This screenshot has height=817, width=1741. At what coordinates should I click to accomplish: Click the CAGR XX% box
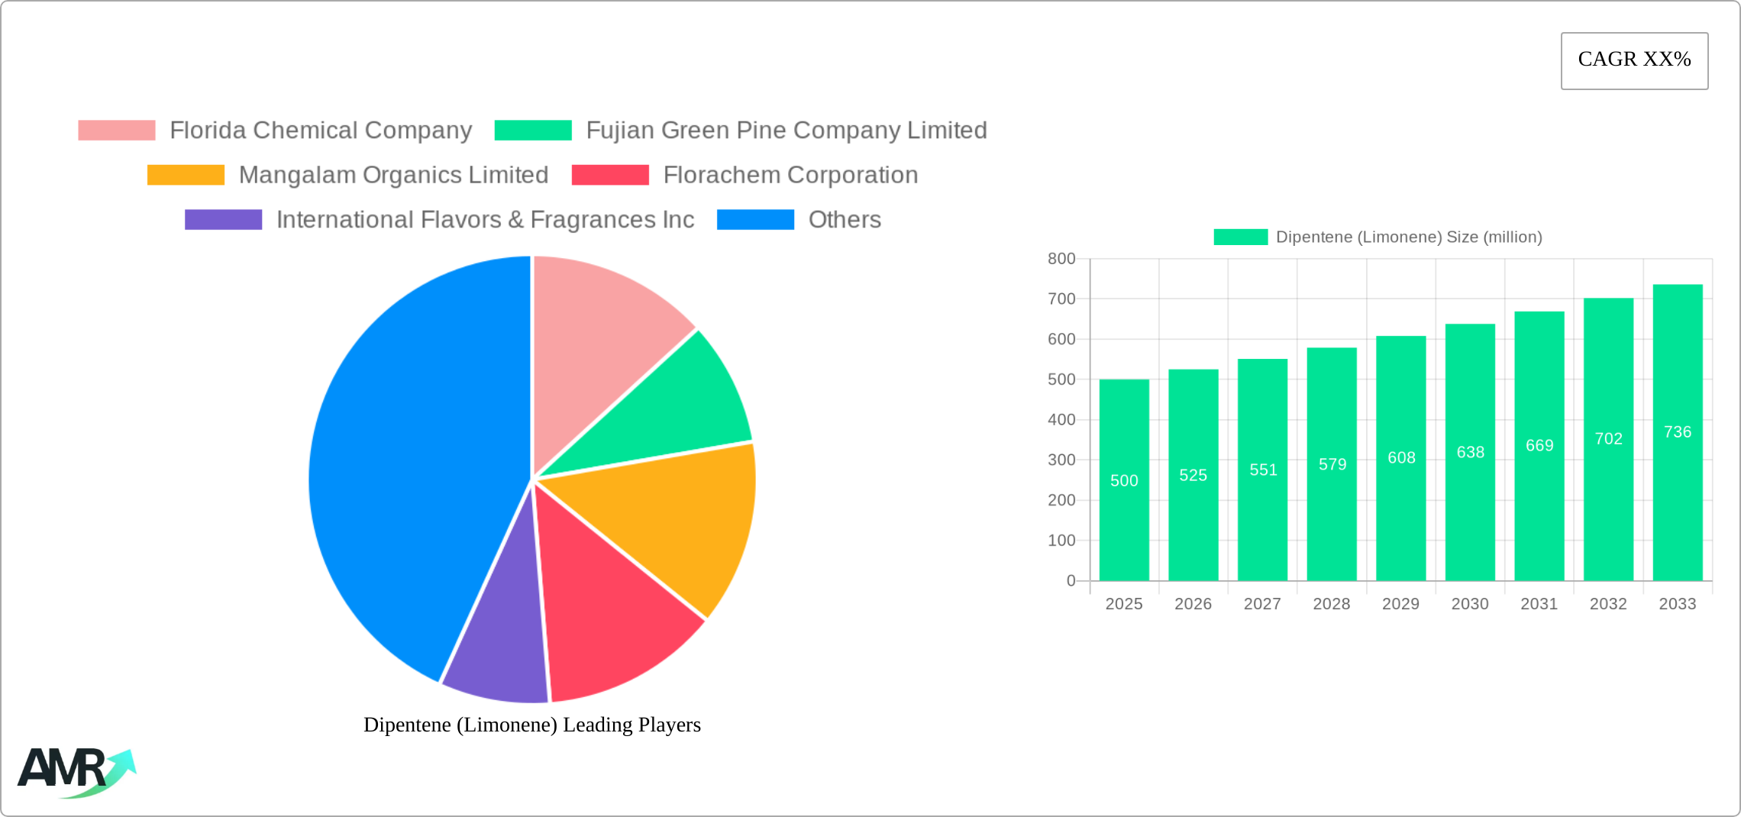pyautogui.click(x=1634, y=60)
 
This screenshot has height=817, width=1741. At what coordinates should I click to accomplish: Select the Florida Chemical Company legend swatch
pyautogui.click(x=117, y=131)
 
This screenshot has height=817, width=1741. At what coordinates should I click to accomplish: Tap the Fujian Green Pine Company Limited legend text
pyautogui.click(x=786, y=131)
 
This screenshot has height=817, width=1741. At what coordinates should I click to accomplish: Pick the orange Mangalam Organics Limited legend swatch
pyautogui.click(x=186, y=175)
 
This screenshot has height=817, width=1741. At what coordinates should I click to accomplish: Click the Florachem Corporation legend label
pyautogui.click(x=790, y=175)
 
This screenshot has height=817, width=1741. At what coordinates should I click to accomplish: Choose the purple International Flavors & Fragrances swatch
pyautogui.click(x=223, y=220)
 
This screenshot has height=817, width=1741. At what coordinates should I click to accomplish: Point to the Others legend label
pyautogui.click(x=844, y=220)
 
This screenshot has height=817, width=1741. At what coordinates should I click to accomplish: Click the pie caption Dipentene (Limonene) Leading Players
pyautogui.click(x=531, y=725)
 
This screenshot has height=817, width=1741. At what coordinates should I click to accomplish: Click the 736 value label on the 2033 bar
pyautogui.click(x=1677, y=432)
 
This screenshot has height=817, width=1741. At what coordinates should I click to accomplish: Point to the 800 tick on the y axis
pyautogui.click(x=1061, y=259)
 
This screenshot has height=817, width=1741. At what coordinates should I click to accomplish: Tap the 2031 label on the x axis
pyautogui.click(x=1539, y=604)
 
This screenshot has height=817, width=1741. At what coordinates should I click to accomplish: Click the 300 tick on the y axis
pyautogui.click(x=1061, y=460)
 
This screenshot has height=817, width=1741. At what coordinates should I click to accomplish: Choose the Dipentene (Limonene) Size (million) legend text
pyautogui.click(x=1408, y=237)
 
